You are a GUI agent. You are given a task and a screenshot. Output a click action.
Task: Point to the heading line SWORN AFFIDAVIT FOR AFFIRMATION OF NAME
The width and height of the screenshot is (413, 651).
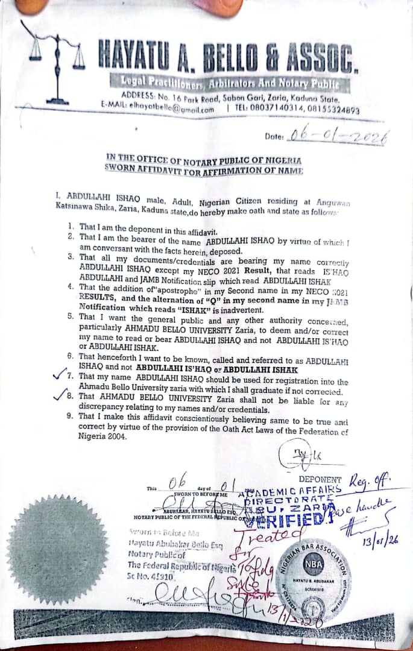pyautogui.click(x=204, y=169)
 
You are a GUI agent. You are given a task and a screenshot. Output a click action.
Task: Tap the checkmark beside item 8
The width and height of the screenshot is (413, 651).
pyautogui.click(x=60, y=396)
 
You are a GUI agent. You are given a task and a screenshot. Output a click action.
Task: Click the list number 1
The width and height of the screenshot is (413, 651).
pyautogui.click(x=71, y=227)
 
